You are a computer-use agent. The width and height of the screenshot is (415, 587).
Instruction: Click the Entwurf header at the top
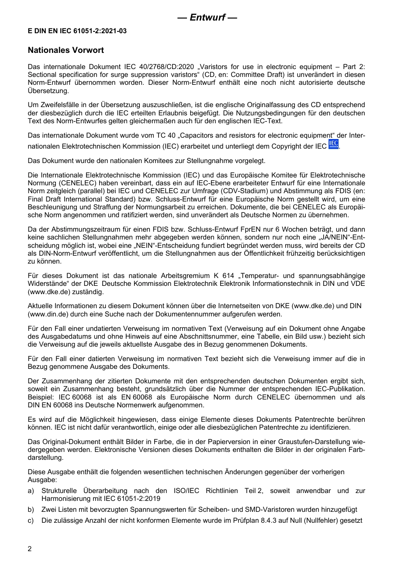[207, 18]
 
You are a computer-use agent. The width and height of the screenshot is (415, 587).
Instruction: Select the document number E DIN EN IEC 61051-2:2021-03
[77, 31]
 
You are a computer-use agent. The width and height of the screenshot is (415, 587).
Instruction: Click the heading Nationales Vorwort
[66, 50]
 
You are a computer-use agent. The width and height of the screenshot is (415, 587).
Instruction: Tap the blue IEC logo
[333, 145]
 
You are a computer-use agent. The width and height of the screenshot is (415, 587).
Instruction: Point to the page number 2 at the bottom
[30, 549]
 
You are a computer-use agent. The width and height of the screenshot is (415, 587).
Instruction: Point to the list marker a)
[31, 491]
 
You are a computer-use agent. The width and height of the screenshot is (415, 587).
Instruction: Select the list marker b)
[31, 510]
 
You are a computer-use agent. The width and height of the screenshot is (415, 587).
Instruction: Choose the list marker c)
[31, 521]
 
